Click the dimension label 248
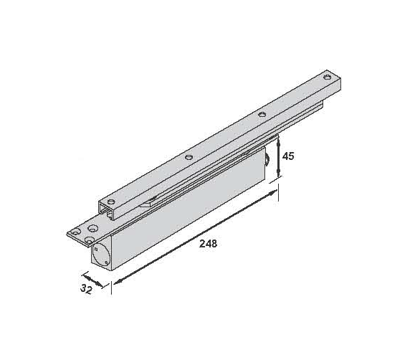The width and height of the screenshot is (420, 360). [x=208, y=243]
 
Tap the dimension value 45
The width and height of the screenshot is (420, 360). [x=288, y=156]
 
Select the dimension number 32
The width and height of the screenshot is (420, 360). [x=87, y=289]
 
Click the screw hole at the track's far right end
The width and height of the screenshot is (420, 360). [x=327, y=77]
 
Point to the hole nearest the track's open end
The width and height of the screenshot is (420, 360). [x=111, y=202]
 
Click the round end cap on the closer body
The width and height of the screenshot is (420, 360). [x=100, y=255]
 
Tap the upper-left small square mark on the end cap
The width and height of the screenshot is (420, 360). [x=96, y=249]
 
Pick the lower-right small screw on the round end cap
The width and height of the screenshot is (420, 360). [x=106, y=262]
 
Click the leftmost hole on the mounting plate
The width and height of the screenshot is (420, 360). [x=75, y=232]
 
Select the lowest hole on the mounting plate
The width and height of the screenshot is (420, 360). [x=90, y=240]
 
